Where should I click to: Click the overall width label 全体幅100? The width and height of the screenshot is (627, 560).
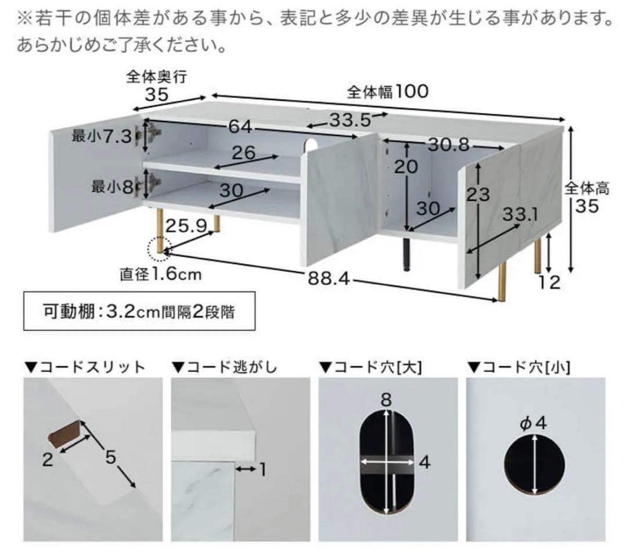387,92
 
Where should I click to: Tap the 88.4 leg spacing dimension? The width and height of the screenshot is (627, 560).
331,279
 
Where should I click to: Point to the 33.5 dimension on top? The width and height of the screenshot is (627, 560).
349,120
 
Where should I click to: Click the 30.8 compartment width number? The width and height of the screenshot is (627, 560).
448,145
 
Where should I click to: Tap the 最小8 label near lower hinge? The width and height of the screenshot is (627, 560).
113,187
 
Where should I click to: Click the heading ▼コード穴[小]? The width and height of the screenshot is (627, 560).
519,367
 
